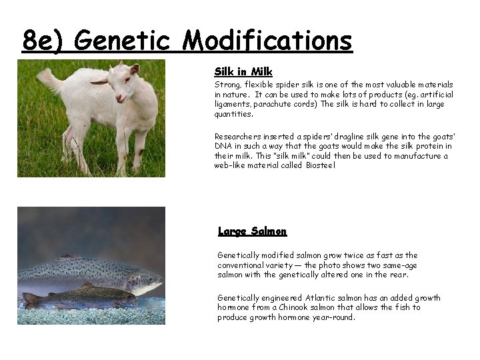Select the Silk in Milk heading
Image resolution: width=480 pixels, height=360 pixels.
pos(243,71)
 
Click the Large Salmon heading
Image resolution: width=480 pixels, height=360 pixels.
pos(252,231)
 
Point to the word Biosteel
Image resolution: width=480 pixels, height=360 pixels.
pos(321,165)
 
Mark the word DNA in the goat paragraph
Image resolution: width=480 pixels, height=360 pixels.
pos(223,146)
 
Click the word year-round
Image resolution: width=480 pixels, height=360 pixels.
pos(333,317)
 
